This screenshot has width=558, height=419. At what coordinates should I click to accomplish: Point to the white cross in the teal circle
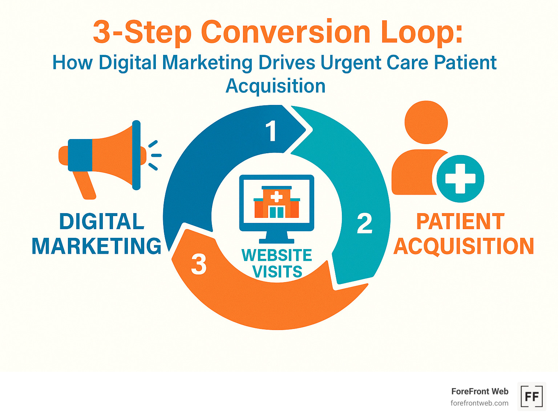click(x=460, y=179)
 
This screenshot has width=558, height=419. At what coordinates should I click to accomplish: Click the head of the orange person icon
click(x=426, y=122)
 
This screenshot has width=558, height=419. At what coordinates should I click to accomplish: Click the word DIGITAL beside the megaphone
click(x=102, y=221)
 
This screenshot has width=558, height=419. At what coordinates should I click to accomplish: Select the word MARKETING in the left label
click(x=97, y=246)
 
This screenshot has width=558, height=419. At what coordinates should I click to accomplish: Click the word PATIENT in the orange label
click(x=460, y=221)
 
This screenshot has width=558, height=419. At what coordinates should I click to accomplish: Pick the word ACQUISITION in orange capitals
click(x=464, y=246)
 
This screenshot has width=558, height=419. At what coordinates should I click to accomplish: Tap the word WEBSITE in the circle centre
click(x=277, y=255)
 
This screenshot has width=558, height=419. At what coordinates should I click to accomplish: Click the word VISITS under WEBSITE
click(x=277, y=272)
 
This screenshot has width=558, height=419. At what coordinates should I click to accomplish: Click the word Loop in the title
click(x=422, y=32)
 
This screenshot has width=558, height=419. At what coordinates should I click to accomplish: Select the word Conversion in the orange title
click(x=286, y=32)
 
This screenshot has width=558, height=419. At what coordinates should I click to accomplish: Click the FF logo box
click(x=531, y=396)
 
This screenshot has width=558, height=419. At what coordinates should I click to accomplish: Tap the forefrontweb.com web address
click(x=479, y=403)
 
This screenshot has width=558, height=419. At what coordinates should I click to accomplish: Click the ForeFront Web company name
click(x=480, y=391)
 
